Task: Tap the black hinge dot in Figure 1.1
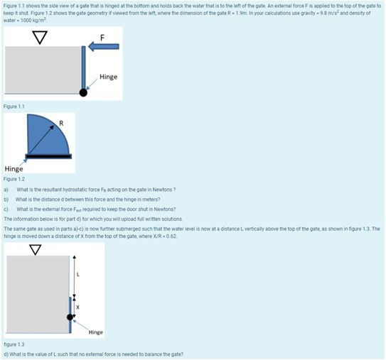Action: (84, 92)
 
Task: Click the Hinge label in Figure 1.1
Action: (109, 76)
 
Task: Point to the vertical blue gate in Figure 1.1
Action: (84, 67)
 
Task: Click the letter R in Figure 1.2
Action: (62, 123)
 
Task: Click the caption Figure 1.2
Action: (14, 180)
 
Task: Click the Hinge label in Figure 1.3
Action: (95, 332)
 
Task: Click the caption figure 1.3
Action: (14, 344)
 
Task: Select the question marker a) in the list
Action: (6, 190)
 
